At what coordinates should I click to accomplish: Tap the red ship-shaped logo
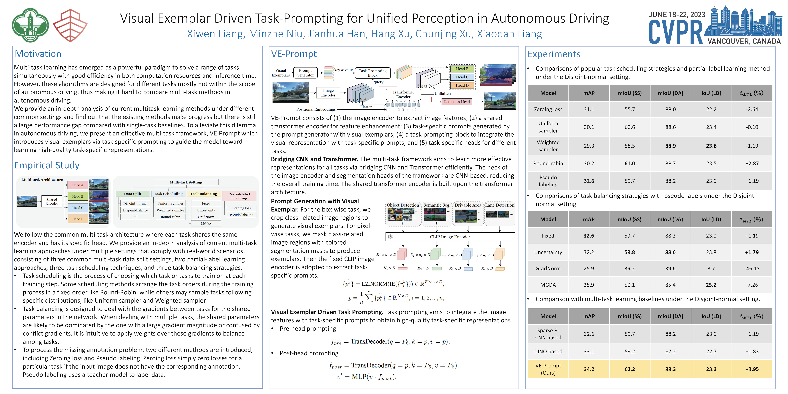70,25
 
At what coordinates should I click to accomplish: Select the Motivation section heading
38,54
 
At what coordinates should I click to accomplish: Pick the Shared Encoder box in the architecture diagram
52,201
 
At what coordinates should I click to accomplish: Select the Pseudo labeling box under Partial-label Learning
241,215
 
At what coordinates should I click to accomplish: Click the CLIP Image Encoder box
450,237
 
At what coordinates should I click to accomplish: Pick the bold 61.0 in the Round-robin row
629,163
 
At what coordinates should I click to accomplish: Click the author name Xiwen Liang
216,34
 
